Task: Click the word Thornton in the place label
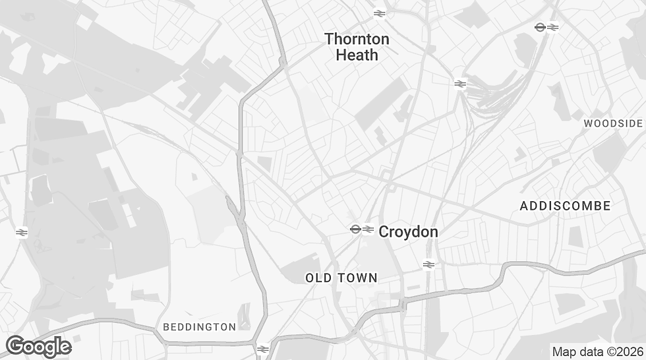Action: (x=357, y=40)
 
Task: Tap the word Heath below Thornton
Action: (x=357, y=55)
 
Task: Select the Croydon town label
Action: (x=408, y=231)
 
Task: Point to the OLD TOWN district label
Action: (x=341, y=278)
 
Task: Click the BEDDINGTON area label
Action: (x=199, y=327)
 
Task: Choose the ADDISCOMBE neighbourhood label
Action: (x=565, y=206)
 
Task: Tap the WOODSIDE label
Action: (x=612, y=124)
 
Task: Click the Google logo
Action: (x=38, y=346)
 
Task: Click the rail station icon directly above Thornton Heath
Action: (x=379, y=13)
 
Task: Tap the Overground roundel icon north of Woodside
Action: (x=540, y=27)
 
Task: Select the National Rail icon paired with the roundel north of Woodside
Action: (x=553, y=27)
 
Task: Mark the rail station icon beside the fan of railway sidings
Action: (x=460, y=84)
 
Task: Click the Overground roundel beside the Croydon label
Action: (x=355, y=229)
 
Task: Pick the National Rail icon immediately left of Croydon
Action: (x=368, y=229)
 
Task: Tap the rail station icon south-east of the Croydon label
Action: (x=428, y=264)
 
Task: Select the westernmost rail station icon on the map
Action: (x=21, y=232)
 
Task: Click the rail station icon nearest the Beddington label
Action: (x=262, y=349)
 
